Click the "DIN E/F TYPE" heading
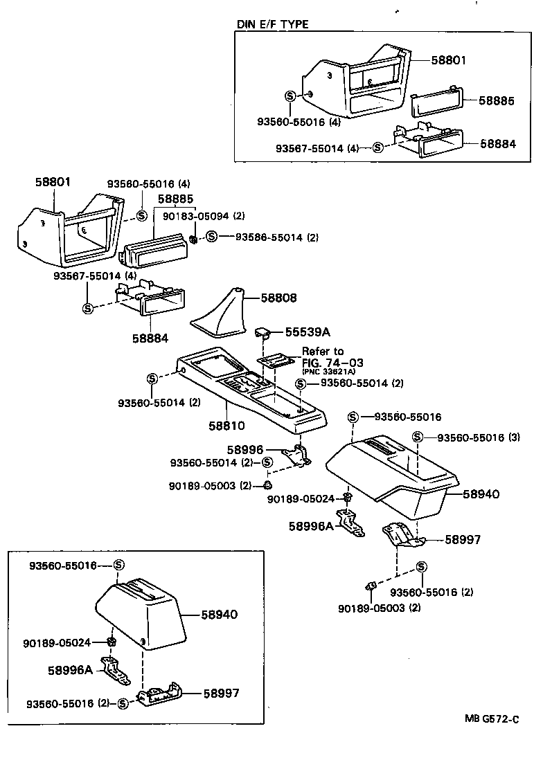(x=273, y=24)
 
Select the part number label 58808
(x=278, y=298)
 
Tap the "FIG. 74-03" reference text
(x=332, y=362)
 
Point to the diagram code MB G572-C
(x=491, y=718)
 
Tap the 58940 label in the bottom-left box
(x=220, y=614)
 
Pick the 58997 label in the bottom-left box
(x=220, y=692)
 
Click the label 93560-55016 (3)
(x=479, y=437)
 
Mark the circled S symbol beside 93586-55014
(x=212, y=237)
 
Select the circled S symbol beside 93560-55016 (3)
(x=418, y=437)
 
